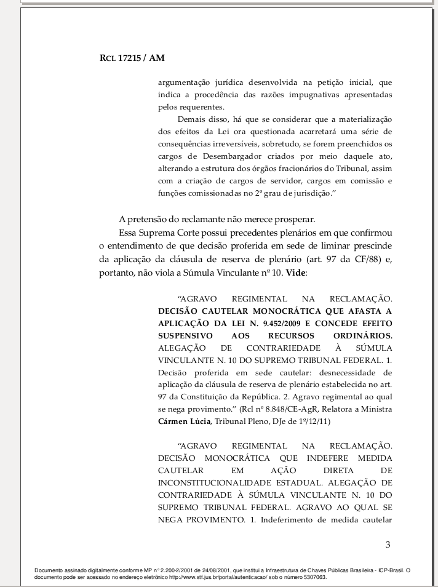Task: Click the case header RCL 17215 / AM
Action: click(132, 58)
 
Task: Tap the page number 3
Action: click(388, 544)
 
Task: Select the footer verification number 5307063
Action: click(311, 578)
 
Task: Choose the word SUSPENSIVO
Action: click(185, 336)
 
